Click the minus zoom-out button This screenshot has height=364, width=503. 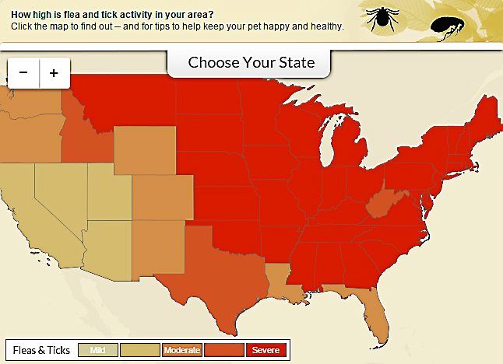point(23,73)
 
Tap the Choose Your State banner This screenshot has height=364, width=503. point(251,62)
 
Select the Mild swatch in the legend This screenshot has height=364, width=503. point(98,350)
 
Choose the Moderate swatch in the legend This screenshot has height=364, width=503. point(182,350)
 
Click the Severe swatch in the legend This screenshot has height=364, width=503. point(266,350)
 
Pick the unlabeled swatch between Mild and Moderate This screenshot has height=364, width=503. point(140,350)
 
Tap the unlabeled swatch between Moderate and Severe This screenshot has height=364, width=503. point(224,350)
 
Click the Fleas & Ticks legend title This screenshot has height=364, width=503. point(41,350)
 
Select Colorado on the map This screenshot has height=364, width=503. point(163,197)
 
